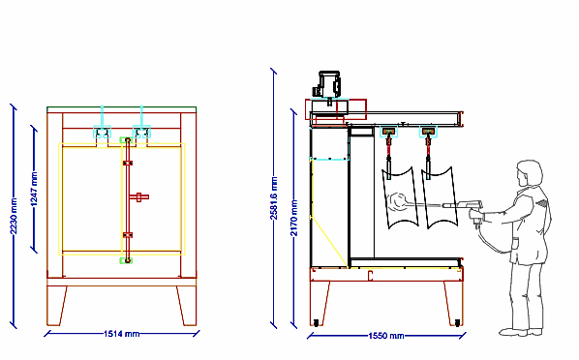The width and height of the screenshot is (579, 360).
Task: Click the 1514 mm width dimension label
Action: coord(121,334)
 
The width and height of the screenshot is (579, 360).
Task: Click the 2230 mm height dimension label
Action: coord(14,217)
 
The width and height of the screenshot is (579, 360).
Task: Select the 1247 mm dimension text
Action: coord(34,189)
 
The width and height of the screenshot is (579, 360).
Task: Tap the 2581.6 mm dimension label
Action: coord(274,198)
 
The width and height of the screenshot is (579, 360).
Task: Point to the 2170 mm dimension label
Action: coord(293,218)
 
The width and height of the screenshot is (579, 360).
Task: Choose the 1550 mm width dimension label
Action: coord(386,336)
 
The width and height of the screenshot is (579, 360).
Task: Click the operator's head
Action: coord(530,173)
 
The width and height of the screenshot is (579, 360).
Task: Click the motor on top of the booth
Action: coord(326,84)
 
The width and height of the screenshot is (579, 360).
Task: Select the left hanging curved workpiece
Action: coord(400,197)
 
